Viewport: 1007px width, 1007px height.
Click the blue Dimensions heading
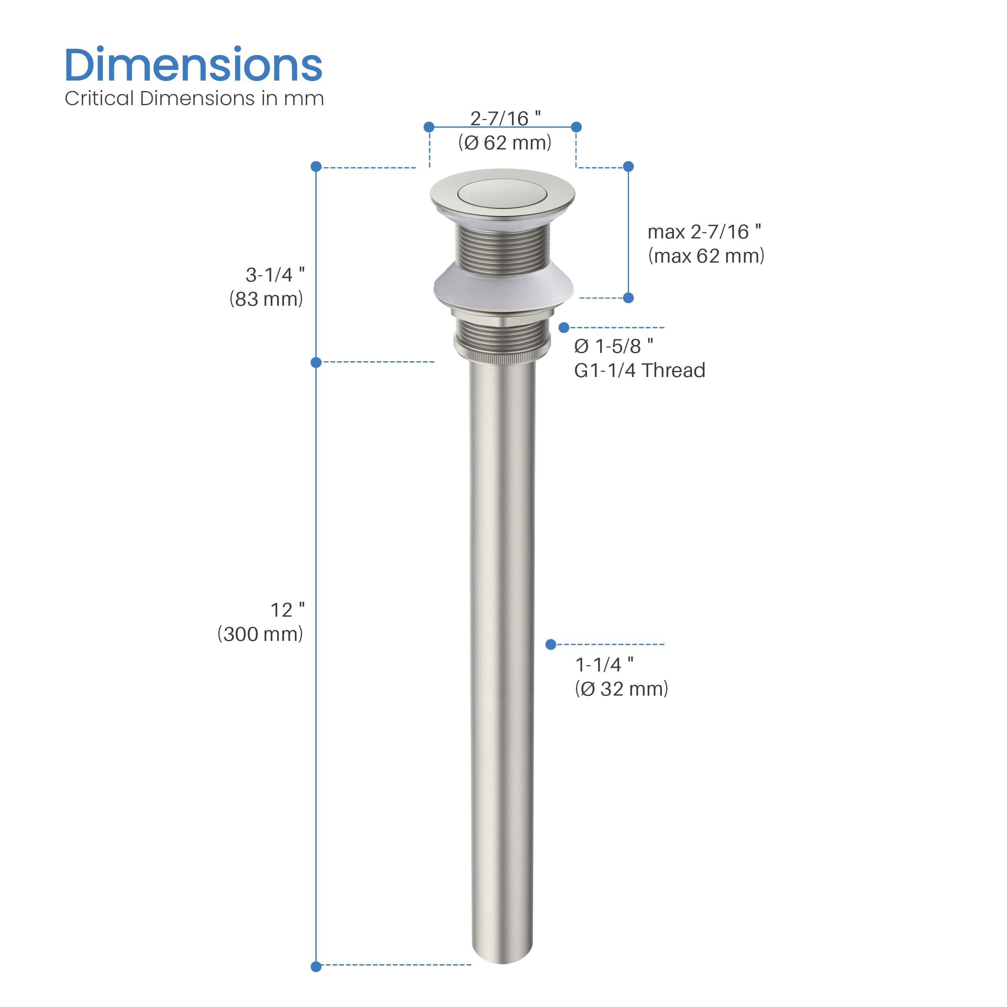(193, 65)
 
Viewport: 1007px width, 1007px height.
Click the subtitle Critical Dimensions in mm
(194, 99)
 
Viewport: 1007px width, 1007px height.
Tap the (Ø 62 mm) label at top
(505, 143)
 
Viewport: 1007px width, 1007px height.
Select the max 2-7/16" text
(704, 232)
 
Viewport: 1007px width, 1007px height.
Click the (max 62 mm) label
(706, 256)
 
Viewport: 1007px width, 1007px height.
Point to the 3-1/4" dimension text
(275, 275)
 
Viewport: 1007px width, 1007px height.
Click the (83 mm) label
(266, 299)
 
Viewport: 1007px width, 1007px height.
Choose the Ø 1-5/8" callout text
(613, 346)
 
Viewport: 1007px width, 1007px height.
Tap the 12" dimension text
(287, 610)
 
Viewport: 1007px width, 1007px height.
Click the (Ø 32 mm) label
(621, 689)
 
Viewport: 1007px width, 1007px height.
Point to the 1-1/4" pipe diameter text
(604, 665)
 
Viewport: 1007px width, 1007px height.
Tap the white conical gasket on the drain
(503, 287)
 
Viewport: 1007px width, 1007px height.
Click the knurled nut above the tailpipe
(502, 354)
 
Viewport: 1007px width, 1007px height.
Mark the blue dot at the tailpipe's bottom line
(316, 967)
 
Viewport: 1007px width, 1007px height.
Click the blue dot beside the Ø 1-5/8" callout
(564, 327)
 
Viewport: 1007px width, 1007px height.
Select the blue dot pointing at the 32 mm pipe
(550, 645)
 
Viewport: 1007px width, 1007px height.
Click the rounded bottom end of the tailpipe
(502, 956)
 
